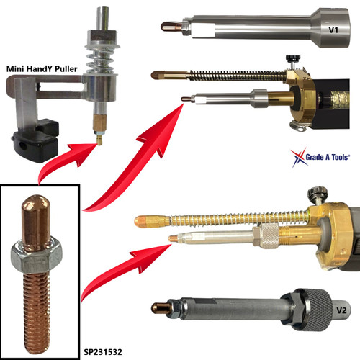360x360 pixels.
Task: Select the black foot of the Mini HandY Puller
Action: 37,136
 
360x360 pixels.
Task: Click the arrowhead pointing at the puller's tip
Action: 87,147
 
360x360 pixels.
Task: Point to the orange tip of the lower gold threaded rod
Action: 141,217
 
